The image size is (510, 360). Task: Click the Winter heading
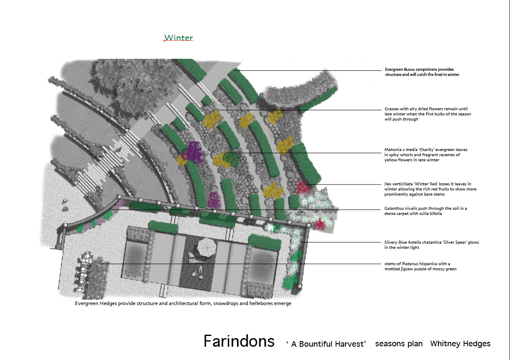click(x=179, y=38)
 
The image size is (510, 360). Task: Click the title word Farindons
click(x=239, y=341)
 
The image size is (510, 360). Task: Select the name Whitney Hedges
click(x=460, y=344)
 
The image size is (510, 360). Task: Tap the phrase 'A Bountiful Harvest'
click(x=326, y=344)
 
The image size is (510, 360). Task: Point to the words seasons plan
click(x=399, y=344)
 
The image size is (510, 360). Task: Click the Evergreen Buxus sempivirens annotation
click(x=422, y=72)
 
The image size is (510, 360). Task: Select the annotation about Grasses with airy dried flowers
click(x=428, y=114)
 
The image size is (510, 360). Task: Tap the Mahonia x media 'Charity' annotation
click(x=426, y=155)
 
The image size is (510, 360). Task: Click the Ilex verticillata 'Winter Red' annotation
click(x=430, y=189)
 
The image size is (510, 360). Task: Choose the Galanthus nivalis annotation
click(x=425, y=211)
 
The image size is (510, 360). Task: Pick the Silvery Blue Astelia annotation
click(x=431, y=245)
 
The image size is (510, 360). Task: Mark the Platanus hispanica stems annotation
click(x=420, y=266)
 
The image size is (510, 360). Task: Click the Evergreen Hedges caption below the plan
click(x=183, y=304)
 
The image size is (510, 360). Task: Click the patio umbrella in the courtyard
click(x=206, y=246)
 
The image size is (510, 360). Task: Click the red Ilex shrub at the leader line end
click(x=303, y=188)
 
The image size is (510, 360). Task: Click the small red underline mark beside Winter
click(x=165, y=41)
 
